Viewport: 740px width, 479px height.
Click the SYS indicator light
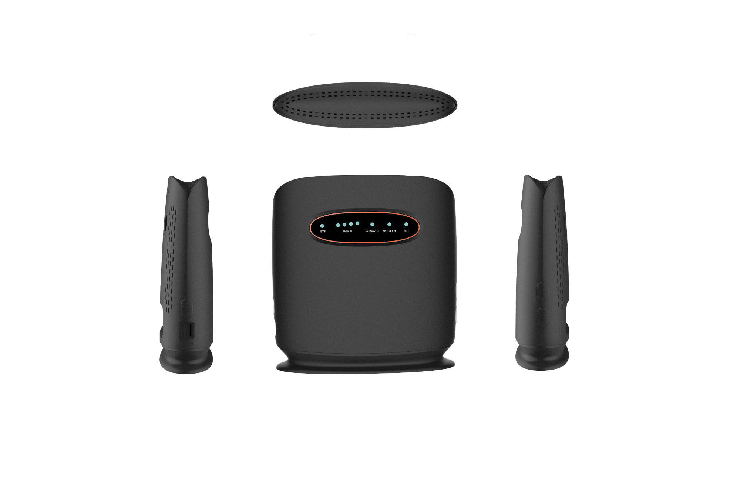click(x=322, y=226)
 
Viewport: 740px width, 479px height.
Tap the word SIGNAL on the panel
click(x=347, y=232)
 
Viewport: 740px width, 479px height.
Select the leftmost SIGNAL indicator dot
click(x=338, y=225)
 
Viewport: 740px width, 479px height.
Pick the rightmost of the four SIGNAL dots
click(x=357, y=223)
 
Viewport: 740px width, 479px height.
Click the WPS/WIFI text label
click(x=372, y=231)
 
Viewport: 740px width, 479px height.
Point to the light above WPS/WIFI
click(x=372, y=225)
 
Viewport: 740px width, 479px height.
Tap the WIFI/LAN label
click(x=389, y=231)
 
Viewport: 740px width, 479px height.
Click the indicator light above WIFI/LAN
click(x=389, y=224)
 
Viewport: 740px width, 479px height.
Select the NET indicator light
click(x=406, y=224)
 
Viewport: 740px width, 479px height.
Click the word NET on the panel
click(x=406, y=231)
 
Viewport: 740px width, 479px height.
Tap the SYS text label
click(x=323, y=232)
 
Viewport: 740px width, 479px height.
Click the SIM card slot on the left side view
click(x=191, y=330)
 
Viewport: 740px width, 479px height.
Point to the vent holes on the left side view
click(x=170, y=259)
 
